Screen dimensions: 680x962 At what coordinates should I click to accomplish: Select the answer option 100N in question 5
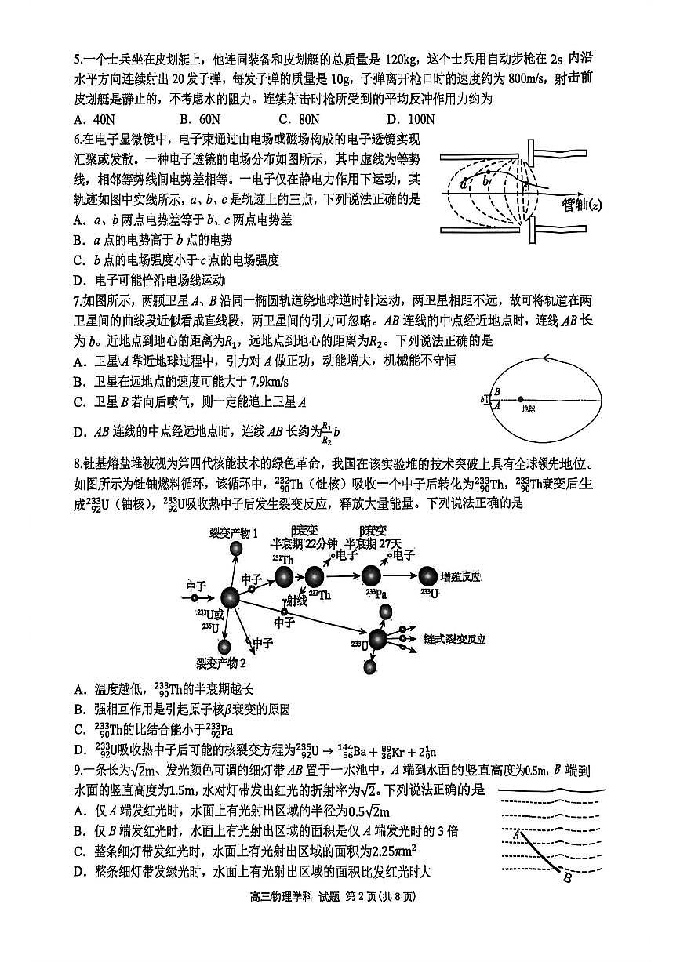411,119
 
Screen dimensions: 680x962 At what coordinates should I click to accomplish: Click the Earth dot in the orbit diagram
521,399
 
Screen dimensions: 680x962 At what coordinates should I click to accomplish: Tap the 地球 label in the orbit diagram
532,408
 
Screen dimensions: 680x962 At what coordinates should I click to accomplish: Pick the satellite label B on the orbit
496,390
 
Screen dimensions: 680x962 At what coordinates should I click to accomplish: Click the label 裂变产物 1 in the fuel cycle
234,533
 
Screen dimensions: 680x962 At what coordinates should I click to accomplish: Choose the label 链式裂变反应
453,639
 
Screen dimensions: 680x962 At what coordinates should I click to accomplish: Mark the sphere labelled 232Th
284,578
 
